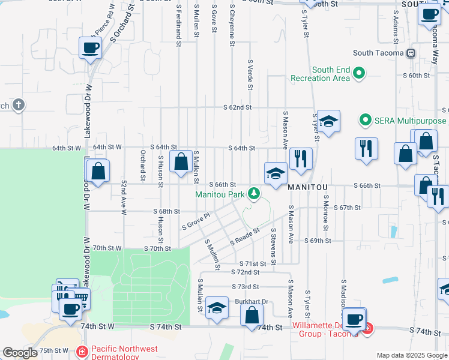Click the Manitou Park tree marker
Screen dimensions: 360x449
click(255, 194)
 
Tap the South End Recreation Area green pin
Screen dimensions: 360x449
click(359, 74)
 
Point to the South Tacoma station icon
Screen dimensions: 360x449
click(411, 53)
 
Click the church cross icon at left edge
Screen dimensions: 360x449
click(18, 106)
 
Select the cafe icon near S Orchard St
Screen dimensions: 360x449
click(90, 47)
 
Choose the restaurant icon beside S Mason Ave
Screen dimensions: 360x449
click(301, 158)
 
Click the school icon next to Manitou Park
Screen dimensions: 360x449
click(276, 174)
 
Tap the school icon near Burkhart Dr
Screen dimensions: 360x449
click(217, 307)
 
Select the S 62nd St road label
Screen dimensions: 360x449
click(237, 107)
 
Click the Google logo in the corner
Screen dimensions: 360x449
click(20, 353)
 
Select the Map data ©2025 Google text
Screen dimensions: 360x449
click(412, 355)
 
